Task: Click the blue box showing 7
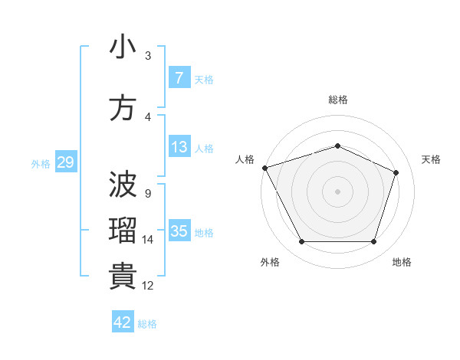click(179, 78)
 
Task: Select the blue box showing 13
click(179, 147)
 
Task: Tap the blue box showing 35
click(179, 231)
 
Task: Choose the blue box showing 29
click(65, 162)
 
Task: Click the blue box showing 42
click(123, 322)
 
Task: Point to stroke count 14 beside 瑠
click(148, 240)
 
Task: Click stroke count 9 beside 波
click(147, 193)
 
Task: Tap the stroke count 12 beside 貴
click(148, 286)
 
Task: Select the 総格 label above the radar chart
click(337, 100)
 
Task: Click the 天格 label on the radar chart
click(431, 159)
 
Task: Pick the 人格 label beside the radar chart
click(245, 159)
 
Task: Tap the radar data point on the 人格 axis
click(264, 168)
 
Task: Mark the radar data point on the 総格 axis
click(337, 146)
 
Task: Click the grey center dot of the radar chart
click(337, 191)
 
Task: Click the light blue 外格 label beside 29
click(40, 163)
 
